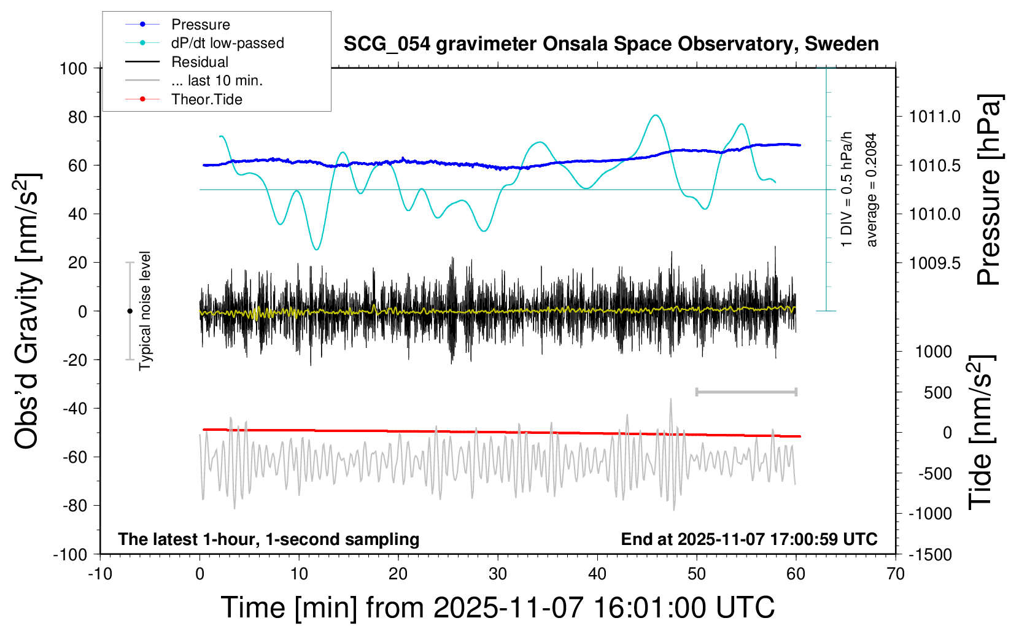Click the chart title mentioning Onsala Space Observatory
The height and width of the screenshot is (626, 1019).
pyautogui.click(x=611, y=44)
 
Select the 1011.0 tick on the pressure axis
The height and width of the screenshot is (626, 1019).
pyautogui.click(x=935, y=117)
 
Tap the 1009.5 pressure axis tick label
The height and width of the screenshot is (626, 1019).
pyautogui.click(x=935, y=263)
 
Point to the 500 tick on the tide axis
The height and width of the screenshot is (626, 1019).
pyautogui.click(x=937, y=393)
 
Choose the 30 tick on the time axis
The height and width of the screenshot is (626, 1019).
pyautogui.click(x=498, y=574)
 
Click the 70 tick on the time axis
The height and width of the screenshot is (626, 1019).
pyautogui.click(x=896, y=574)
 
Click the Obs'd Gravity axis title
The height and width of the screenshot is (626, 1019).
pyautogui.click(x=28, y=311)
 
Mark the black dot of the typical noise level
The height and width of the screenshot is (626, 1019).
pyautogui.click(x=130, y=311)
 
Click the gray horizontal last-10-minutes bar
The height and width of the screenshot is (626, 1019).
pyautogui.click(x=746, y=392)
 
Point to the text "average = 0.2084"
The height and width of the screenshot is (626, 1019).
pyautogui.click(x=872, y=190)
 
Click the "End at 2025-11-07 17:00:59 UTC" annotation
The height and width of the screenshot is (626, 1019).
pyautogui.click(x=749, y=539)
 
